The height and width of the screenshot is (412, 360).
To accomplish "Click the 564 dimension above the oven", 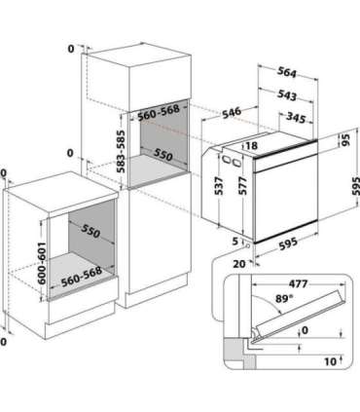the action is click(x=287, y=73).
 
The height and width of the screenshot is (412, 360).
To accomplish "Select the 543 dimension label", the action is click(x=287, y=94).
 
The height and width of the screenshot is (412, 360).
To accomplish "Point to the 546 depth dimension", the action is click(x=232, y=112).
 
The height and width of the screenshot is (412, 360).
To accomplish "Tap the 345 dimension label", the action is click(x=296, y=118).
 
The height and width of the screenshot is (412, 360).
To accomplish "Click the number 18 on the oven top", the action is click(x=251, y=145).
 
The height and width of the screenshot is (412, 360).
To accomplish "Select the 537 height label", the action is click(x=220, y=186).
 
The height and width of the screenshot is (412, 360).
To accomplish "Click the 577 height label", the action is click(x=242, y=185).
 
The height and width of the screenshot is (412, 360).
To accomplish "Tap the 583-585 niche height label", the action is click(x=121, y=151).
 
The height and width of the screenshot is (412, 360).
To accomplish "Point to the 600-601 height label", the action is click(x=42, y=263).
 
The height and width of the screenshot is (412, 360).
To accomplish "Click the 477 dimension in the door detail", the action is click(x=298, y=284).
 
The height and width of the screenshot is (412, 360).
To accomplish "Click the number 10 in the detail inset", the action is click(x=330, y=361).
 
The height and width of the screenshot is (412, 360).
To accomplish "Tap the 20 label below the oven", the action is click(x=239, y=264).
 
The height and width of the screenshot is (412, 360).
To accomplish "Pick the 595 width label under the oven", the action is click(x=288, y=243).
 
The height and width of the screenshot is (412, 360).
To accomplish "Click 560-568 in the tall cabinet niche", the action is click(x=159, y=112).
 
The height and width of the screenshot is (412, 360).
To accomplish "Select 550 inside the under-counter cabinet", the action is click(x=90, y=231).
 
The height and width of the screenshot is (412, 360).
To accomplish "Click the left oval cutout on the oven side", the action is click(x=226, y=160).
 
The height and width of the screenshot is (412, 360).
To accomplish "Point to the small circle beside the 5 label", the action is click(x=249, y=245).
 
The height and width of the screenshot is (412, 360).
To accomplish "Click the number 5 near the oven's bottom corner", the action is click(x=235, y=242).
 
